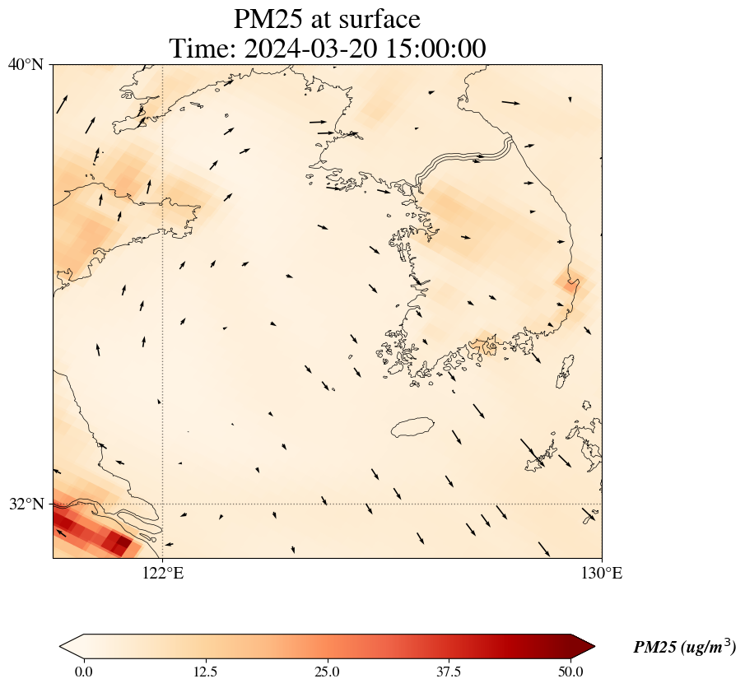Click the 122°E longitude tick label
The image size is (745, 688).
(x=163, y=574)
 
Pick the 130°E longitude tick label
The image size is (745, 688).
(x=602, y=574)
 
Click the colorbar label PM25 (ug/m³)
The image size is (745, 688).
(x=684, y=648)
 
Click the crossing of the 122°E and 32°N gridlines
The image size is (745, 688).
(x=163, y=504)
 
